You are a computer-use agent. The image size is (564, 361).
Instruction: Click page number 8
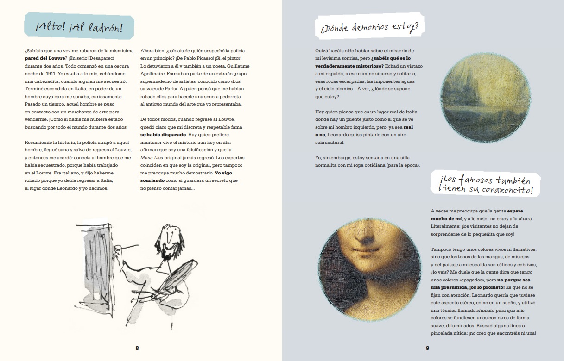pyautogui.click(x=137, y=348)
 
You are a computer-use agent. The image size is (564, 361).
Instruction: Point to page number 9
pyautogui.click(x=428, y=348)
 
